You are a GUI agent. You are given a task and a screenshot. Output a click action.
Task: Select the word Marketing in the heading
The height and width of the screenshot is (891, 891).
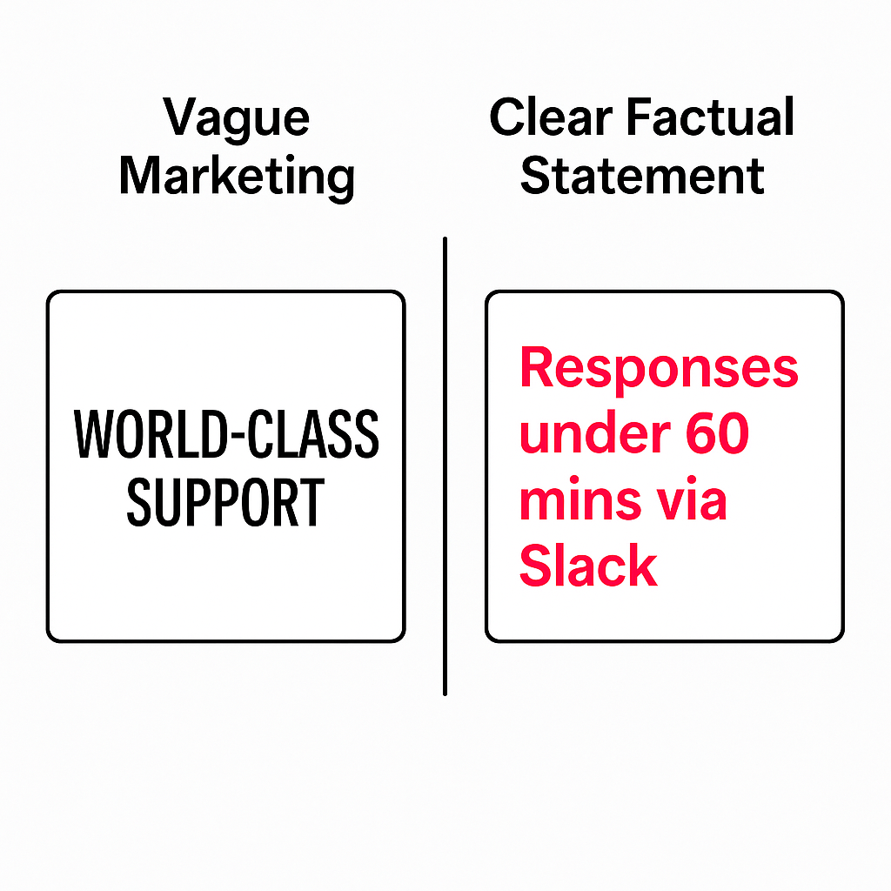click(237, 176)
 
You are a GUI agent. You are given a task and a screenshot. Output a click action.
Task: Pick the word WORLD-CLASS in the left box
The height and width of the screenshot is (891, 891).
click(226, 435)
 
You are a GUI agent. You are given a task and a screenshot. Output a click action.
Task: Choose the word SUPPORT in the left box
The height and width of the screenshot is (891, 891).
click(225, 502)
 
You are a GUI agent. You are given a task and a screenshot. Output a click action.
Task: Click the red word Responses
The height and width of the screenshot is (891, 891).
click(659, 368)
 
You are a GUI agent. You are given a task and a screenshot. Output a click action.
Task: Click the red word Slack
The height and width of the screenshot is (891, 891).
click(588, 566)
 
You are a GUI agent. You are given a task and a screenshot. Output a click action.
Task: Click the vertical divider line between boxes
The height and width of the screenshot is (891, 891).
click(445, 466)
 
